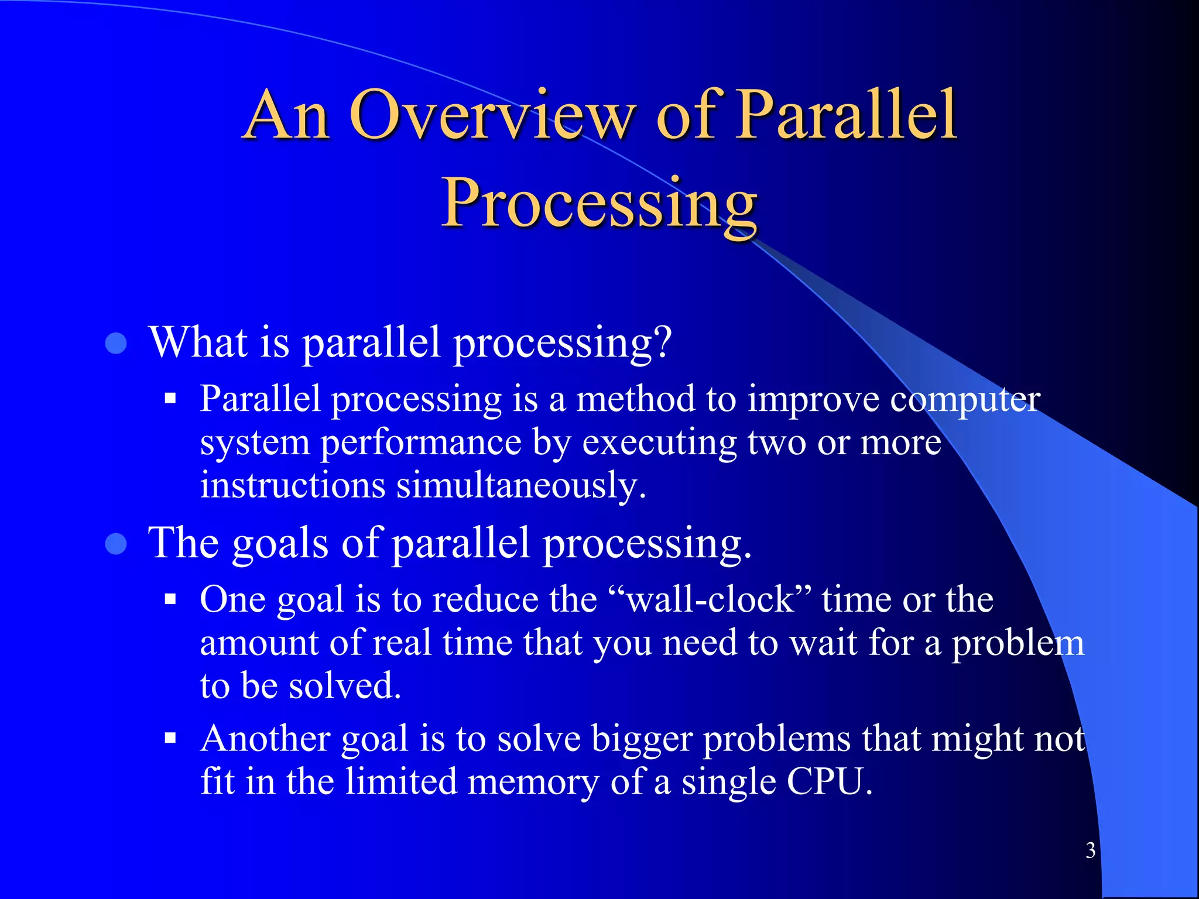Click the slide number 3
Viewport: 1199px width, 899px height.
(x=1090, y=850)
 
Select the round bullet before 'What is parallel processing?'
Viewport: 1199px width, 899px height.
(x=116, y=344)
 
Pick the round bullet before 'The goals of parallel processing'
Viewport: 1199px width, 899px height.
(x=116, y=544)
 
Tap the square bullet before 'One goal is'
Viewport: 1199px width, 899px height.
(x=170, y=600)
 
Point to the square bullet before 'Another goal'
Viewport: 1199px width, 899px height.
(x=170, y=739)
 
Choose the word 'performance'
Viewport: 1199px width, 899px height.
(x=420, y=443)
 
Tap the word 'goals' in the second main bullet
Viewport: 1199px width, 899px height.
(x=280, y=544)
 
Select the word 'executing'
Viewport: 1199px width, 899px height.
(x=659, y=443)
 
